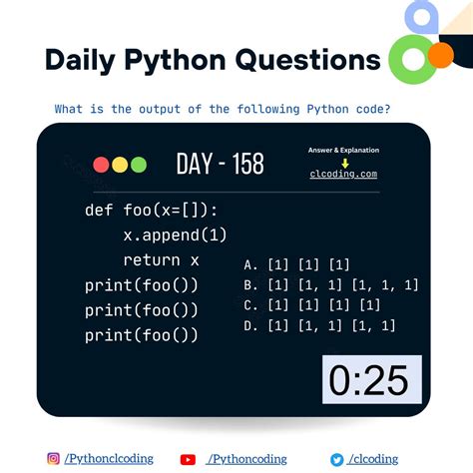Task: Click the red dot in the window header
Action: click(x=101, y=165)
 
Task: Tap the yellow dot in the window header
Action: click(x=119, y=165)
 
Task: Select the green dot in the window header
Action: click(x=138, y=165)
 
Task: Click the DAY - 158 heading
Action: click(x=220, y=164)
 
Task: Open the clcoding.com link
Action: click(x=343, y=174)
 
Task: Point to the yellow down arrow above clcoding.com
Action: click(x=343, y=162)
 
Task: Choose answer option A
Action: click(x=296, y=264)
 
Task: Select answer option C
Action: click(x=311, y=305)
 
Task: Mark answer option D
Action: click(x=319, y=325)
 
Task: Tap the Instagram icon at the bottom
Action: click(x=54, y=459)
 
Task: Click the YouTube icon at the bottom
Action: click(x=188, y=459)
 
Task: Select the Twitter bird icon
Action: click(x=337, y=459)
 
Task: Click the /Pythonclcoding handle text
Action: click(x=109, y=459)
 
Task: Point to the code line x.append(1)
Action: click(x=175, y=236)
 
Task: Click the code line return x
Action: click(x=161, y=260)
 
